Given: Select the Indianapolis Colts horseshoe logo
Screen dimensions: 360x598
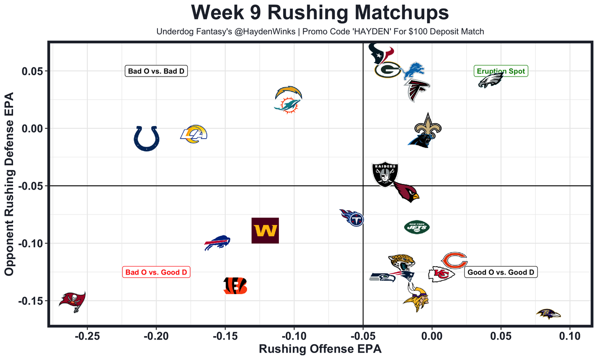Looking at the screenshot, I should (x=147, y=138).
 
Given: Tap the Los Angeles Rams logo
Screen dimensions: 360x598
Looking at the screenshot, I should (x=193, y=134).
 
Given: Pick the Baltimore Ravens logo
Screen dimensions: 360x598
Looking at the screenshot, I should (x=548, y=314).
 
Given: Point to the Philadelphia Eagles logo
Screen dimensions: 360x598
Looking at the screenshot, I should (x=491, y=80).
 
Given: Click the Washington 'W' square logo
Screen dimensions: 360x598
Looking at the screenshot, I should (x=265, y=231).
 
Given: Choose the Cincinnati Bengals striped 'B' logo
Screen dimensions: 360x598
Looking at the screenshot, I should (x=235, y=286).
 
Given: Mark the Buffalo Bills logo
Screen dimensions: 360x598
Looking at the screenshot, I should (x=217, y=242).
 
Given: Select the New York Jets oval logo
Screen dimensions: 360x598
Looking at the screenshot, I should (x=417, y=227).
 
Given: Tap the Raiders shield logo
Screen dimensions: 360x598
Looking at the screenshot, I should (x=385, y=175).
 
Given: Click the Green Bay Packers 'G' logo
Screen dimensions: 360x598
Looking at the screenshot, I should (x=387, y=70).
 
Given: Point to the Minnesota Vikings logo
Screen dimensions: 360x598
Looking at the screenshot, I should (x=416, y=299).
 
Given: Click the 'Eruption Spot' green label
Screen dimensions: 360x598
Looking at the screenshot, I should (x=501, y=71).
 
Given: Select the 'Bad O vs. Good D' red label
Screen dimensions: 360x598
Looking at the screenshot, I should (x=156, y=272).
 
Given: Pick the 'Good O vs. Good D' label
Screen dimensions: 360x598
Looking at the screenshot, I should (x=501, y=272).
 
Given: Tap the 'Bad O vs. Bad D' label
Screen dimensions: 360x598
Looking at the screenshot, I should (x=156, y=71).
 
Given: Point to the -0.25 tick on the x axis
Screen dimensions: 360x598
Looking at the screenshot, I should (x=87, y=335).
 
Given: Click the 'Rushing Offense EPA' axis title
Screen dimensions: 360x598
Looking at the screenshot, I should (x=320, y=349).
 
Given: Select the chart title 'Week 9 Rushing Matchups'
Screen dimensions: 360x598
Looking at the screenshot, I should (x=320, y=13).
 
